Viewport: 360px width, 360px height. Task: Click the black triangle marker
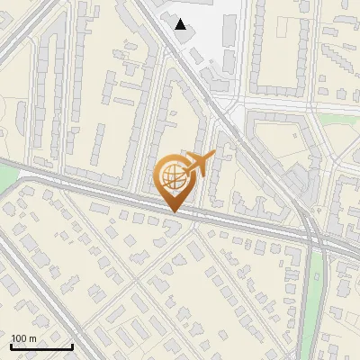tap(182, 24)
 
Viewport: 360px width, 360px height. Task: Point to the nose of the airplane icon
tap(213, 157)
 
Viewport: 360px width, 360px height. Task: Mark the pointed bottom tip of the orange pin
tap(173, 212)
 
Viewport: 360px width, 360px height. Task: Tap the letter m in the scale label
tap(34, 337)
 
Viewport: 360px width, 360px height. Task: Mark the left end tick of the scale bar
tap(11, 346)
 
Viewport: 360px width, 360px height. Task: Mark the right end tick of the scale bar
tap(73, 346)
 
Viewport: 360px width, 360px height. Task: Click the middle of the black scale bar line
tap(41, 347)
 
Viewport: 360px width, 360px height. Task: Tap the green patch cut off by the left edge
tap(5, 180)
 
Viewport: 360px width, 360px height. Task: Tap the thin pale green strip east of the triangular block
tap(337, 118)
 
